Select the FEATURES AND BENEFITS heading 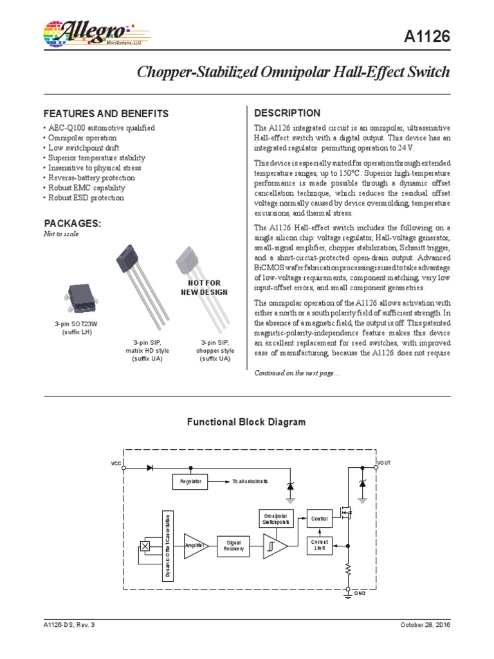pyautogui.click(x=105, y=113)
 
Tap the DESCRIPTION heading pyautogui.click(x=288, y=113)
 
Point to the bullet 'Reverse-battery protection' pyautogui.click(x=91, y=178)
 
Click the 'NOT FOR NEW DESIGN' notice pyautogui.click(x=204, y=288)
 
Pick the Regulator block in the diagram pyautogui.click(x=190, y=481)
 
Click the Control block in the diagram pyautogui.click(x=319, y=518)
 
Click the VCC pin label pyautogui.click(x=116, y=463)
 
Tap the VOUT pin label pyautogui.click(x=383, y=463)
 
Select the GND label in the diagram pyautogui.click(x=360, y=593)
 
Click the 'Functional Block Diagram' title pyautogui.click(x=246, y=422)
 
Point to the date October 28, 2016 pyautogui.click(x=425, y=625)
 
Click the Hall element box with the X pyautogui.click(x=145, y=546)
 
